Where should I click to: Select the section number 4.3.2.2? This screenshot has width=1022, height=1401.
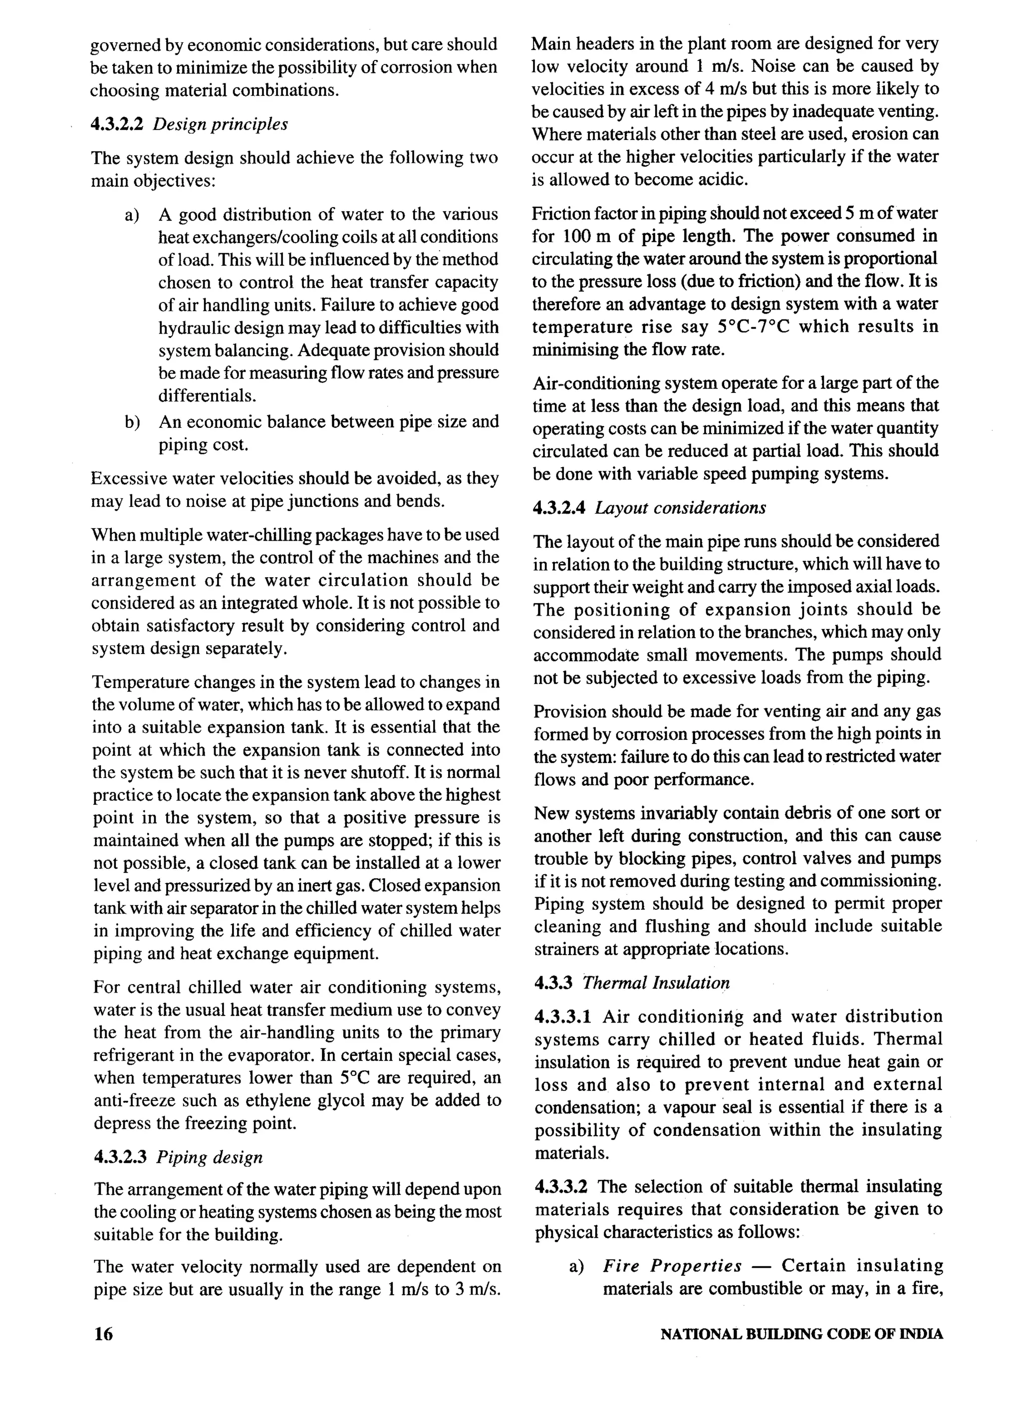(x=117, y=124)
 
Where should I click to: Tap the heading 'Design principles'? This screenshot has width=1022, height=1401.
(x=220, y=124)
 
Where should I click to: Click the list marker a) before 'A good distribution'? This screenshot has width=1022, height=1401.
(x=132, y=215)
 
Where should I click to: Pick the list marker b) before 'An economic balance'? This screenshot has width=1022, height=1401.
(x=132, y=422)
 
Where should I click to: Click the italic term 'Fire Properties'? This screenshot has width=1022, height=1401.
(x=673, y=1266)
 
